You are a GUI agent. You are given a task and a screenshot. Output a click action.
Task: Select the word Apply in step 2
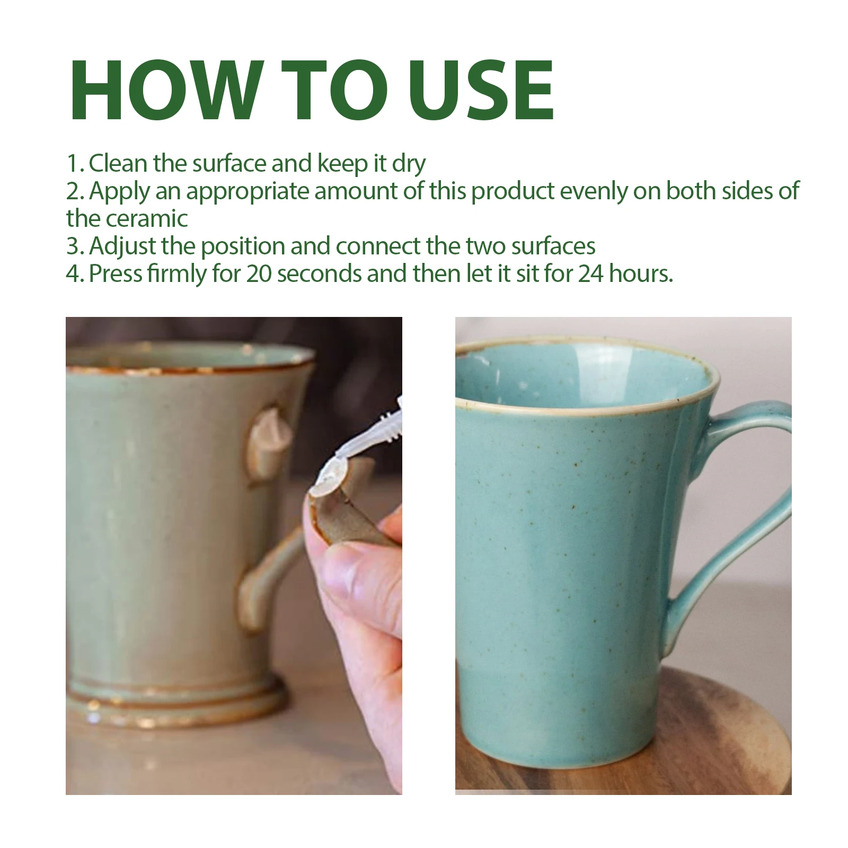click(119, 192)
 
